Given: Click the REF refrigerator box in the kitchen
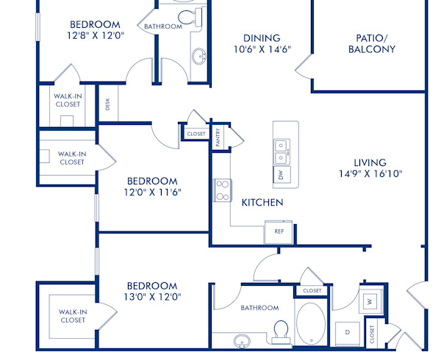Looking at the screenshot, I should click(279, 231).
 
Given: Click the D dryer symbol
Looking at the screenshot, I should click(346, 332).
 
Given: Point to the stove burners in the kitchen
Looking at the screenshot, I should click(222, 190).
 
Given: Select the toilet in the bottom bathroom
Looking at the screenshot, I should click(279, 332).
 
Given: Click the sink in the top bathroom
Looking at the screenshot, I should click(198, 56).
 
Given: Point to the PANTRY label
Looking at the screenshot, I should click(218, 137).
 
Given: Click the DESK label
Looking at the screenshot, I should click(107, 105).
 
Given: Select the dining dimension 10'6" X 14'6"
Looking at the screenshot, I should click(262, 50).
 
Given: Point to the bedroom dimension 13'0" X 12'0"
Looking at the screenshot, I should click(152, 298).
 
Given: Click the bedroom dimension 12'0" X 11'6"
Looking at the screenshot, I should click(152, 192).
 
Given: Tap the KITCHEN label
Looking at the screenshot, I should click(262, 202).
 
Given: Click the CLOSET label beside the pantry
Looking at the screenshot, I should click(196, 134).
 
